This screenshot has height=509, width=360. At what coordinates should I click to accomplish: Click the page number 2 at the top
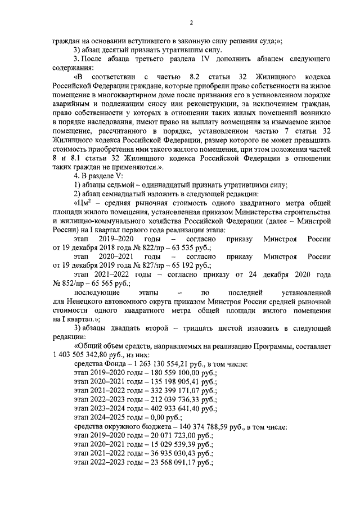point(191,22)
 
